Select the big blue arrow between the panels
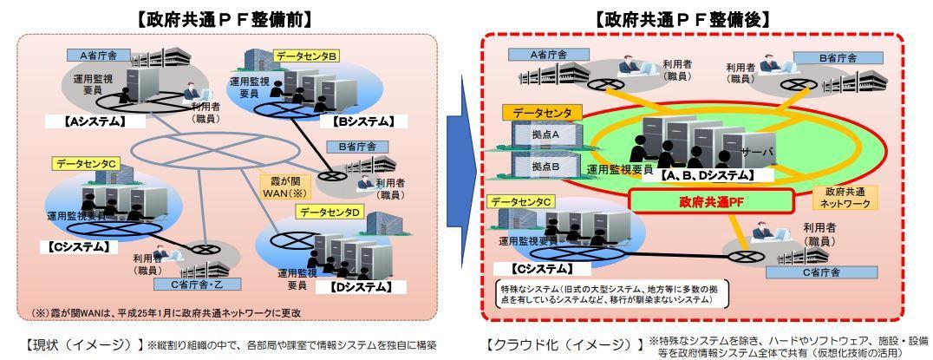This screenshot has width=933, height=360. tap(460, 174)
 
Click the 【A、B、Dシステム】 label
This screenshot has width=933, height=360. tap(707, 175)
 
